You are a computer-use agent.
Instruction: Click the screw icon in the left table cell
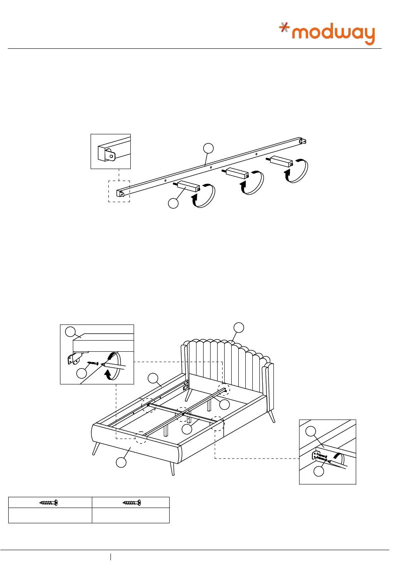click(48, 503)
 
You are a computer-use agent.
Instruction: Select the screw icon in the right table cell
click(132, 503)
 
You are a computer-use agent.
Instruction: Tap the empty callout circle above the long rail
click(209, 148)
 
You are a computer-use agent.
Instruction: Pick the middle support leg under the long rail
click(236, 173)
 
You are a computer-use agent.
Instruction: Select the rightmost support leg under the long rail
click(281, 161)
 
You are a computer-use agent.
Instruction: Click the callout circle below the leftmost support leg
click(173, 203)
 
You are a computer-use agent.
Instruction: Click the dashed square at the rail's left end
click(119, 191)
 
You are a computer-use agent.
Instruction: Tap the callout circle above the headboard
click(239, 327)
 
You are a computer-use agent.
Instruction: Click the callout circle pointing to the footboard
click(121, 463)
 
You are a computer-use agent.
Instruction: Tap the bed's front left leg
click(97, 448)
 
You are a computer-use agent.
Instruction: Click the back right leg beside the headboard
click(272, 416)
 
